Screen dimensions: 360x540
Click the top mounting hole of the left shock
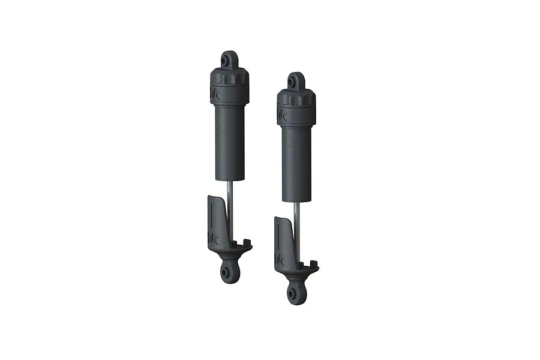pyautogui.click(x=227, y=61)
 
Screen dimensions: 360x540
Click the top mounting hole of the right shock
pyautogui.click(x=295, y=82)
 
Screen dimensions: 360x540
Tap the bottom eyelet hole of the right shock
pyautogui.click(x=292, y=293)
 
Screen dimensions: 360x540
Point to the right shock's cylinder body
pyautogui.click(x=297, y=162)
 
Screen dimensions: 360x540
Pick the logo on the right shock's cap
pyautogui.click(x=283, y=114)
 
